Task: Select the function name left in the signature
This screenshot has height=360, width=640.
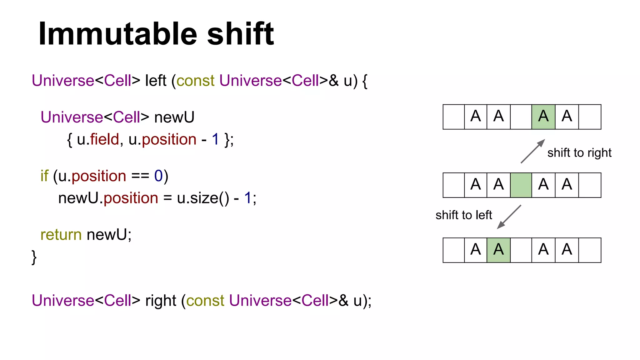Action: [156, 81]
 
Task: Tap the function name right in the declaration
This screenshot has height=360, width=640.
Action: [161, 301]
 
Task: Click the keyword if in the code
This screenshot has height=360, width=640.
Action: [44, 176]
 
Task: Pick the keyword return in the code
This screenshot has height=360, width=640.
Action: [61, 235]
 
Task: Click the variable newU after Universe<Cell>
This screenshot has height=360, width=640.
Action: [174, 117]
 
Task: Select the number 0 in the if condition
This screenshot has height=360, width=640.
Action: [158, 176]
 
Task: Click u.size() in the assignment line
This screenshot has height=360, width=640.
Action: [203, 198]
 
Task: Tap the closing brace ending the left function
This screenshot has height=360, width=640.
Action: [34, 257]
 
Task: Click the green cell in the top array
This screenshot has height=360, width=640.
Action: [543, 117]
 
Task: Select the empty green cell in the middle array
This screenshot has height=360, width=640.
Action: [521, 185]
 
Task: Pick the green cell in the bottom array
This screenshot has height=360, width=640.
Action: [498, 250]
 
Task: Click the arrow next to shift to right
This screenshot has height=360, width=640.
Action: [533, 151]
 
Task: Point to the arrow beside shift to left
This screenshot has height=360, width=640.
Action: [509, 217]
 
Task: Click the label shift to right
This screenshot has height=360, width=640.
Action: [579, 153]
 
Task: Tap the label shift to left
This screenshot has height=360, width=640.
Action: [464, 215]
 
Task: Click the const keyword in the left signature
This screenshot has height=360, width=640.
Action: [196, 81]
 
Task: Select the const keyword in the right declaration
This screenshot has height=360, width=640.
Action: [205, 301]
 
